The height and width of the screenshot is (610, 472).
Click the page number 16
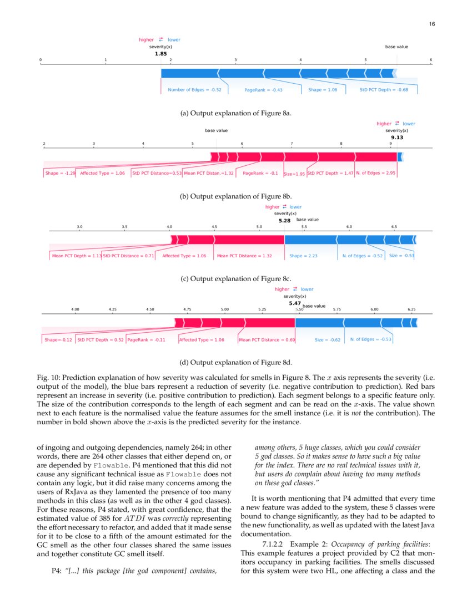(431, 24)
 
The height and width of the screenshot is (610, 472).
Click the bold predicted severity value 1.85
(160, 54)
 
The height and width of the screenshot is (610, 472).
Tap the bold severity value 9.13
(396, 138)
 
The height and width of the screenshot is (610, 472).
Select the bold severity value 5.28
(284, 220)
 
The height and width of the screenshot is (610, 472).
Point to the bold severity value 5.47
(294, 303)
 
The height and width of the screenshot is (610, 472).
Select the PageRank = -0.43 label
(263, 90)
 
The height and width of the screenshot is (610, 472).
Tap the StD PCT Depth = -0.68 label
(383, 90)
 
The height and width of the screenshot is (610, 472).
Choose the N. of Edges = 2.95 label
(375, 173)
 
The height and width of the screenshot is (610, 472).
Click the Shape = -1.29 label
(60, 173)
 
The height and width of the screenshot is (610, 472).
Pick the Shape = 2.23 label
(303, 256)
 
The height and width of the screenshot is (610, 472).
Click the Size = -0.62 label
(327, 339)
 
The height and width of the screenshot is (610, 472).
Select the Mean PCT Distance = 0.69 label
(267, 339)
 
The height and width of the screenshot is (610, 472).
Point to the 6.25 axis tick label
(411, 309)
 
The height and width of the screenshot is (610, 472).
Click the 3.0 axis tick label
(79, 226)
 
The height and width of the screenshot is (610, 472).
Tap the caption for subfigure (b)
(236, 196)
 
